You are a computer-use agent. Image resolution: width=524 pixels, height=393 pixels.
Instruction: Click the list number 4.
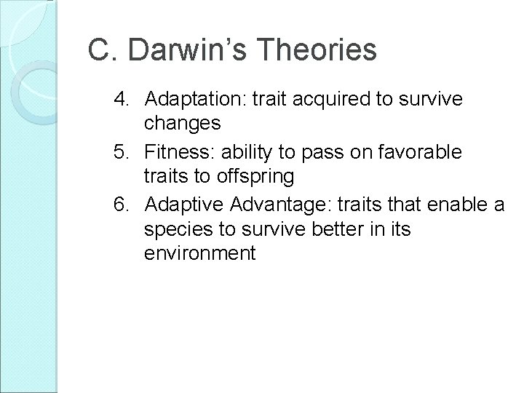tap(122, 98)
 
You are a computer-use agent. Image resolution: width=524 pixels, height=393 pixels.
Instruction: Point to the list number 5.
tap(122, 152)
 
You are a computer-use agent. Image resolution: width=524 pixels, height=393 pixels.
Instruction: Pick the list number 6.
tap(122, 206)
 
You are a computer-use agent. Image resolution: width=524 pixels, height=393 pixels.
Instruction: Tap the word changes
tap(182, 124)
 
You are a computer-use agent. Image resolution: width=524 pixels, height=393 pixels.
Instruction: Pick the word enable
tap(463, 206)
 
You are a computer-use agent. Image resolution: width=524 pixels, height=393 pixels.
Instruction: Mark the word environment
tap(200, 254)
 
